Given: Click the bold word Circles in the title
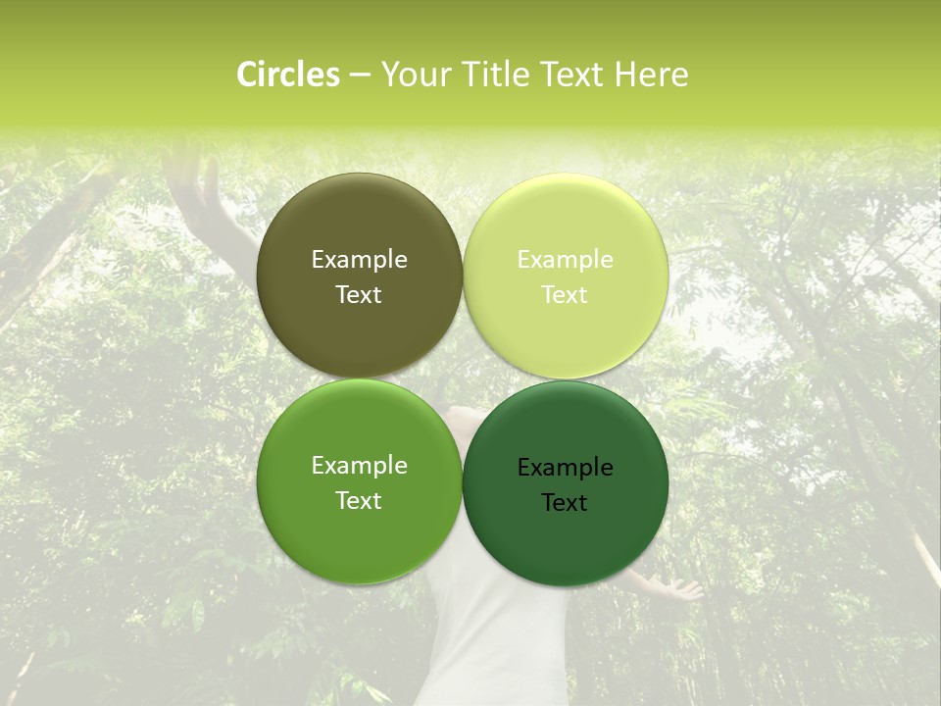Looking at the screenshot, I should click(288, 75).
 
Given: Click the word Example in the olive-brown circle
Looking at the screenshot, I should click(359, 260).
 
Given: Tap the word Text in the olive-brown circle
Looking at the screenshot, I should click(359, 295).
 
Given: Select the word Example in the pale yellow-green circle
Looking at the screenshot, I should click(565, 260).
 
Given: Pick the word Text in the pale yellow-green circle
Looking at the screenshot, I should click(565, 295).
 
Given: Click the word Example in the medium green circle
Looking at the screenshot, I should click(359, 466).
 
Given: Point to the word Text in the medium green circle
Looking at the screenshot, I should click(359, 501).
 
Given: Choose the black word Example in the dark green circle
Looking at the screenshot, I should click(565, 468).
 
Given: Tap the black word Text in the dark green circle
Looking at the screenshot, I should click(565, 503).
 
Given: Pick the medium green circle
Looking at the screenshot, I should click(359, 539).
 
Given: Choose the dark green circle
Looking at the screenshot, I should click(565, 544).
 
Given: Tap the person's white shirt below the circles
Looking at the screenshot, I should click(495, 637).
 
